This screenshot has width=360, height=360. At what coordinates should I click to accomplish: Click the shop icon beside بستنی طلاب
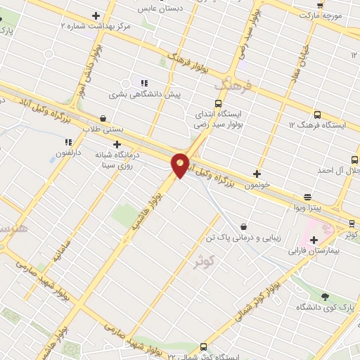[x=105, y=118]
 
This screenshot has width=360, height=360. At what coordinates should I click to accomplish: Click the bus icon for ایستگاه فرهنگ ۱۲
[x=317, y=114]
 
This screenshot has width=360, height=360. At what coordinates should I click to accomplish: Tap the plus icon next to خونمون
[x=257, y=174]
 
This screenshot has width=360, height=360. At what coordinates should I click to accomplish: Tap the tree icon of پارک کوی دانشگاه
[x=324, y=296]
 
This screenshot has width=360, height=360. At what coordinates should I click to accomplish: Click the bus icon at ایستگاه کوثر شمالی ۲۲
[x=203, y=347]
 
